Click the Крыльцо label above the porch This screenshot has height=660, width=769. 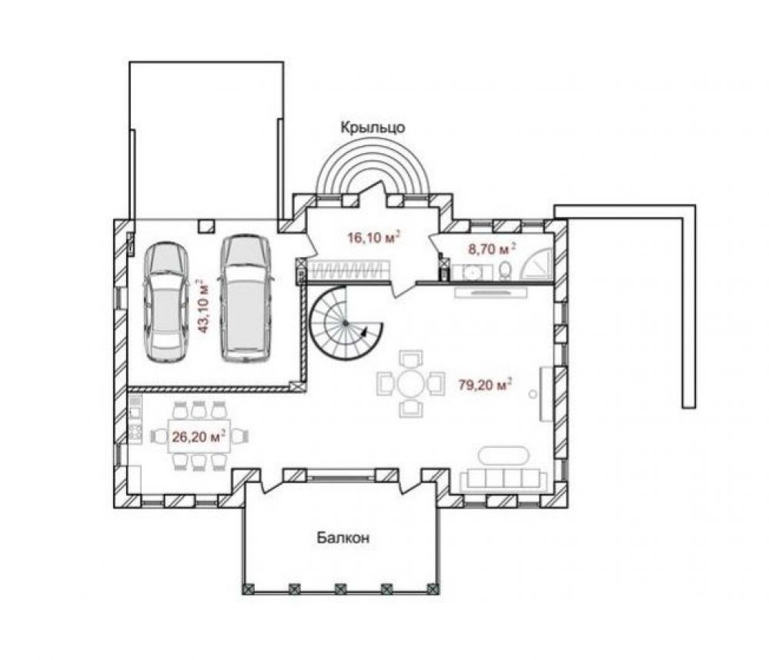pyautogui.click(x=373, y=128)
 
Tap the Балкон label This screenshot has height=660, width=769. pyautogui.click(x=343, y=538)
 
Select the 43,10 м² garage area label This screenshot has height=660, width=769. pyautogui.click(x=202, y=306)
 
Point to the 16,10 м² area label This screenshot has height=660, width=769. pyautogui.click(x=373, y=238)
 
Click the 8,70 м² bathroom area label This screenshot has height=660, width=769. pyautogui.click(x=492, y=249)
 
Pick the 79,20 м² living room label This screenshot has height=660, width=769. pyautogui.click(x=485, y=385)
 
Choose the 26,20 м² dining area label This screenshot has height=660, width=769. pyautogui.click(x=199, y=436)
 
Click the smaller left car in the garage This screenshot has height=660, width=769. pyautogui.click(x=166, y=302)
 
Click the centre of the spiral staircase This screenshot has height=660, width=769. pyautogui.click(x=346, y=323)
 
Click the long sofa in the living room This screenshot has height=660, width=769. pyautogui.click(x=503, y=479)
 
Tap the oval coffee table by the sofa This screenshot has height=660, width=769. pyautogui.click(x=503, y=455)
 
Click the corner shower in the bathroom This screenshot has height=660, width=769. pyautogui.click(x=537, y=264)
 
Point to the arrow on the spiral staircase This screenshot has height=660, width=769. pyautogui.click(x=364, y=332)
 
